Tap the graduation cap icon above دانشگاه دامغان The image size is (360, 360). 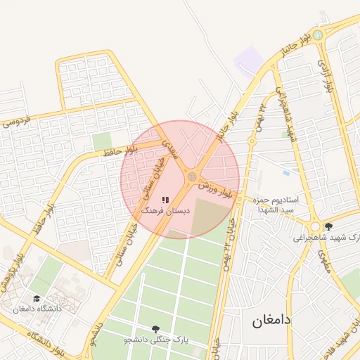point(37,299)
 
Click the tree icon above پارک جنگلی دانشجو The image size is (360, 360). point(155,329)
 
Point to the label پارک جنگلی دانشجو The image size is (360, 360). point(155,340)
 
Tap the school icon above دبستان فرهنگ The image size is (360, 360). point(165,200)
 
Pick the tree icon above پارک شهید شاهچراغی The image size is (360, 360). point(328,226)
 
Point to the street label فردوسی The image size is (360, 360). point(17,122)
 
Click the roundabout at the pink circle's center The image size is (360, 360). point(192,176)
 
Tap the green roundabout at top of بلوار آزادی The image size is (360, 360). point(318,34)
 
